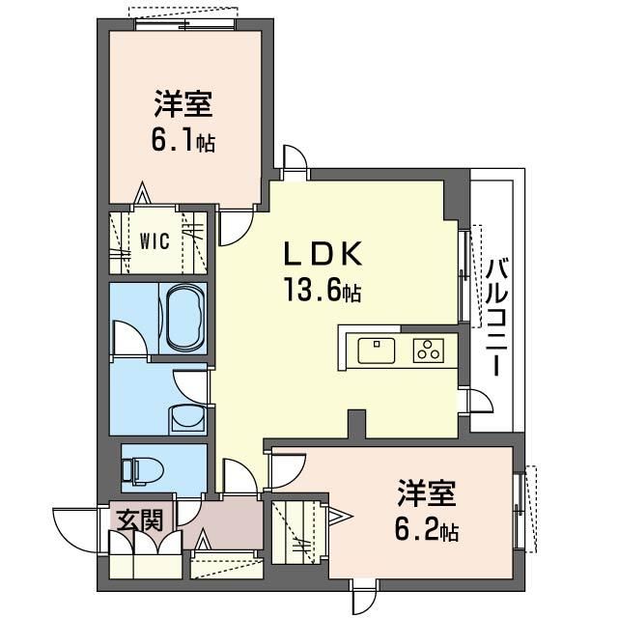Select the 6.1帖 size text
(182, 141)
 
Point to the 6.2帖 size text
(425, 530)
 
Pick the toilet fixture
(143, 469)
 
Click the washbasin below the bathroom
(184, 417)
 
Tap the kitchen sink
(377, 350)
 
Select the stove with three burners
(428, 351)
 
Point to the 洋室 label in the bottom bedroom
(425, 492)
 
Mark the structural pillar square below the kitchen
(357, 423)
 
